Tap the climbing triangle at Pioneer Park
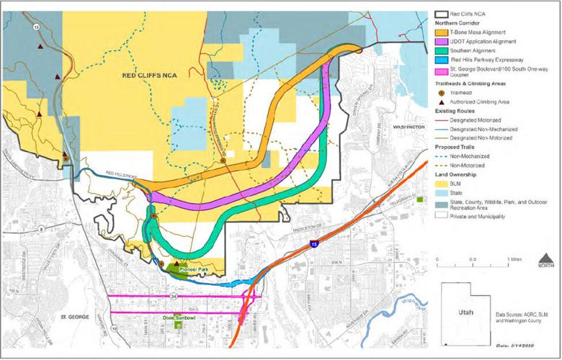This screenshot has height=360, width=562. click(177, 263)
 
